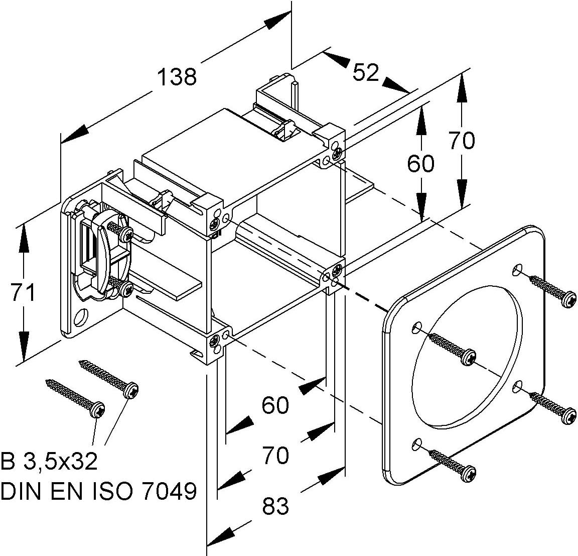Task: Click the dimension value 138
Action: [x=177, y=77]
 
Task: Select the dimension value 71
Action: [x=23, y=292]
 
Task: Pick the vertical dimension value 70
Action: [x=462, y=141]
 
